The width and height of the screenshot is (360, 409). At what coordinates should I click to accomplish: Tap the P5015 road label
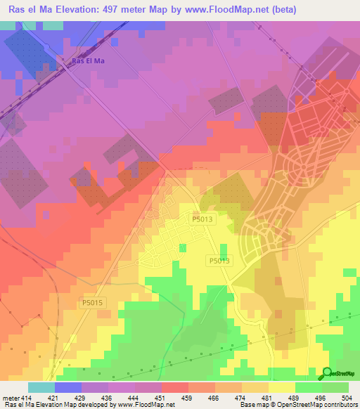[x=92, y=302]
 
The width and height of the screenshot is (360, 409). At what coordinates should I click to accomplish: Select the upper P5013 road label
[x=202, y=219]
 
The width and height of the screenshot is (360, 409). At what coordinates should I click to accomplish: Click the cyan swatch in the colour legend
[x=41, y=387]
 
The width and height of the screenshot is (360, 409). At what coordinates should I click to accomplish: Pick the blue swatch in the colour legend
[x=68, y=387]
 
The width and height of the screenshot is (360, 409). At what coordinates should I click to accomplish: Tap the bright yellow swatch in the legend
[x=282, y=387]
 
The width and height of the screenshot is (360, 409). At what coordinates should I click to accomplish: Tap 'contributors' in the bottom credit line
[x=340, y=405]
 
